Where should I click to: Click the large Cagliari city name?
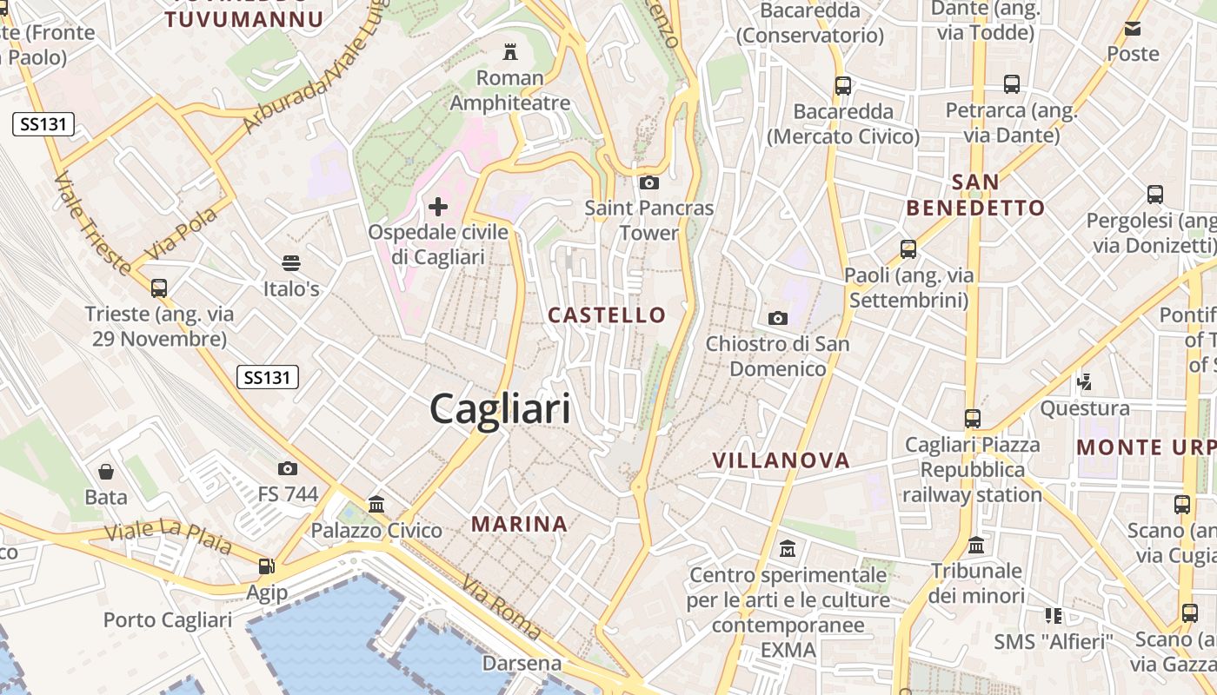[x=500, y=408]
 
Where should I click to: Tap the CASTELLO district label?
[x=607, y=314]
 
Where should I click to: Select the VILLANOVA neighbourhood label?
[x=781, y=460]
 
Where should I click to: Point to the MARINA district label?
[x=520, y=524]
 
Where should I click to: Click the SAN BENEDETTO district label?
[x=975, y=195]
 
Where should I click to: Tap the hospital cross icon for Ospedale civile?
[x=438, y=206]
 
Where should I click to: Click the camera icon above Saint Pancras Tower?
[x=648, y=182]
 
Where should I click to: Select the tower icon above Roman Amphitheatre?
[x=510, y=52]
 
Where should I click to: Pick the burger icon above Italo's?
[x=291, y=262]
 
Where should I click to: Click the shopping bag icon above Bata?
[x=106, y=472]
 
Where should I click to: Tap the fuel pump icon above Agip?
[x=266, y=566]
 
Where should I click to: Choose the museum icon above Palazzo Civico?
[x=376, y=504]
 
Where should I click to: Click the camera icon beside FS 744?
[x=288, y=468]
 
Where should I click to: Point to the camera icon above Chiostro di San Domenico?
[x=777, y=318]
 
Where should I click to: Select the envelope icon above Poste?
[x=1133, y=29]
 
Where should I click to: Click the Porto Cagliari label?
[x=168, y=619]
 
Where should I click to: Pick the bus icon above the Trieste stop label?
[x=159, y=288]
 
